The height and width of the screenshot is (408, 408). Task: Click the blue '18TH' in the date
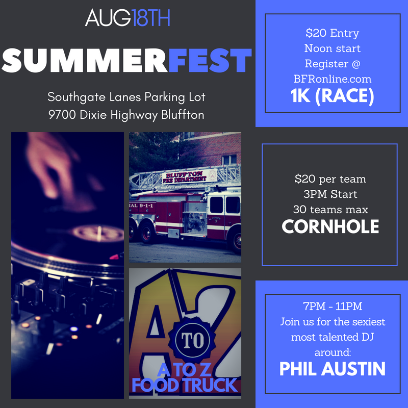pyautogui.click(x=150, y=18)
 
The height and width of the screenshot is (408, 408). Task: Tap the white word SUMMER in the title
pyautogui.click(x=85, y=60)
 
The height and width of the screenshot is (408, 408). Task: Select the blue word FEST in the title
pyautogui.click(x=210, y=60)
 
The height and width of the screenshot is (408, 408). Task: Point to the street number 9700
pyautogui.click(x=62, y=115)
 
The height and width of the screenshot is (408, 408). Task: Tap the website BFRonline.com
pyautogui.click(x=333, y=79)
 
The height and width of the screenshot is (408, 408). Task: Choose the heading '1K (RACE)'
pyautogui.click(x=333, y=96)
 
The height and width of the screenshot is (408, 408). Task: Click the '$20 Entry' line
pyautogui.click(x=333, y=33)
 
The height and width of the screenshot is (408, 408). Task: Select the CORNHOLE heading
pyautogui.click(x=330, y=226)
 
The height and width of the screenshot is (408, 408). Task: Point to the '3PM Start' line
pyautogui.click(x=330, y=194)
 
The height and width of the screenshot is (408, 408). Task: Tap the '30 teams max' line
pyautogui.click(x=330, y=210)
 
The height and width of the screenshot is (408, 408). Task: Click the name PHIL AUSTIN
pyautogui.click(x=333, y=369)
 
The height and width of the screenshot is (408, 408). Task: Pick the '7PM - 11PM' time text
pyautogui.click(x=333, y=307)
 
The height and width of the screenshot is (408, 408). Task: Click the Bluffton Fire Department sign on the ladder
pyautogui.click(x=189, y=176)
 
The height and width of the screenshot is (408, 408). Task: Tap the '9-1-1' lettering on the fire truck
pyautogui.click(x=146, y=206)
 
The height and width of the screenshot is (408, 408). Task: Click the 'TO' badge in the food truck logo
pyautogui.click(x=193, y=340)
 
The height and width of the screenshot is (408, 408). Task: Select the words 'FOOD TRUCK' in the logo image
pyautogui.click(x=185, y=385)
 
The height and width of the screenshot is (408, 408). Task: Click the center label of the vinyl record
pyautogui.click(x=99, y=233)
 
